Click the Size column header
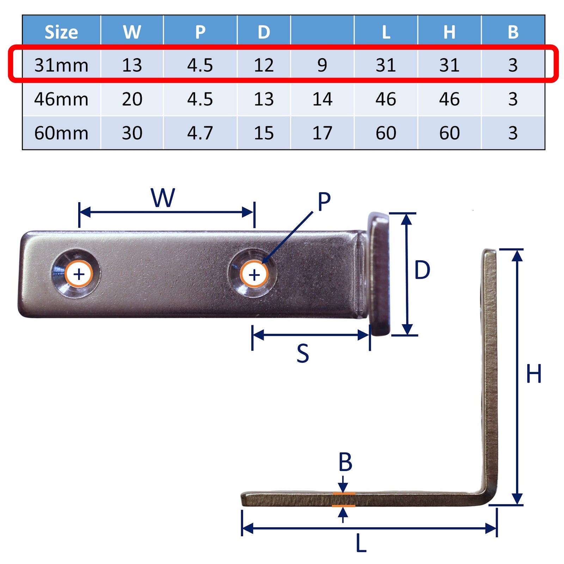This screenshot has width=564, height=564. point(61,32)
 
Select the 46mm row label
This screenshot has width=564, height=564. point(61,99)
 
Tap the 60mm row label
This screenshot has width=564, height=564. point(61,133)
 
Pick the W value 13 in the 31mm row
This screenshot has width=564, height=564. point(132,65)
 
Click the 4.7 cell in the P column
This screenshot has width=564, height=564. point(200,133)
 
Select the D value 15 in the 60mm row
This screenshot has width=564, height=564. point(264,133)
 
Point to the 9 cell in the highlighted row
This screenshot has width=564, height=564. point(322,65)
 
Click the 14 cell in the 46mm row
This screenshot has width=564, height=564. point(322,99)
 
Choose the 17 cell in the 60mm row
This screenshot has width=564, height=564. point(322,133)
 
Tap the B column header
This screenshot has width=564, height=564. point(513,32)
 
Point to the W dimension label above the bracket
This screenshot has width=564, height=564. point(163,198)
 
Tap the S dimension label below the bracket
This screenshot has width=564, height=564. point(303,354)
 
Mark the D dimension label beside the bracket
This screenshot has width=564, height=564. point(422,270)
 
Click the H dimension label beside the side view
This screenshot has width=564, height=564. point(534,374)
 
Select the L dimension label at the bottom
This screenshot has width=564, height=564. point(361,543)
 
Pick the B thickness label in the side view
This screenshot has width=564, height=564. point(345,462)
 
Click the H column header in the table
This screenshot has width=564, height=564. point(449,32)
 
